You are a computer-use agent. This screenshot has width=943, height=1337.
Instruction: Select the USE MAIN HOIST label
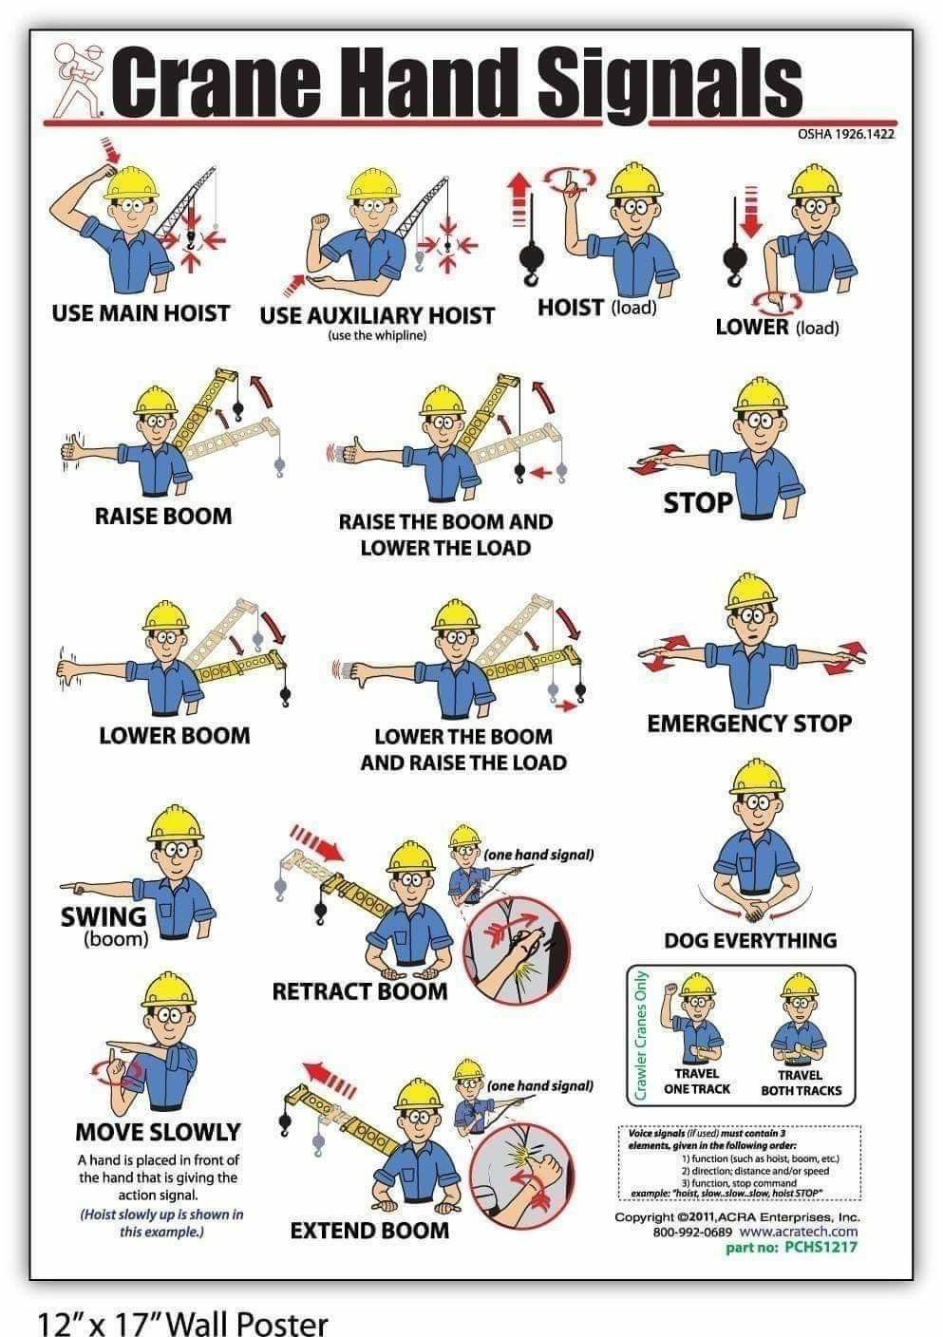click(141, 312)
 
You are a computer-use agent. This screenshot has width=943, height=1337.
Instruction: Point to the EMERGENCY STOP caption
click(749, 724)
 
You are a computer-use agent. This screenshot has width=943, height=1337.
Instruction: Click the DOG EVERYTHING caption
click(749, 940)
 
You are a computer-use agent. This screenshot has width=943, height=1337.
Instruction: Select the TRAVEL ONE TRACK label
click(696, 1082)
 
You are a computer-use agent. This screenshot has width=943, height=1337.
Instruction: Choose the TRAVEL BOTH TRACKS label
click(801, 1083)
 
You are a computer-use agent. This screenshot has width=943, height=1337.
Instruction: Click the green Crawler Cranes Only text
click(641, 1036)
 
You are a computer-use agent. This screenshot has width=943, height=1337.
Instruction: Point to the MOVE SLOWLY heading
click(158, 1132)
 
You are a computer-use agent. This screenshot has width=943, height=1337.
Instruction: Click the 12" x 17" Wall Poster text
click(183, 1322)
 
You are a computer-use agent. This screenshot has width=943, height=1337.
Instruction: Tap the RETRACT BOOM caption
click(359, 991)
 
